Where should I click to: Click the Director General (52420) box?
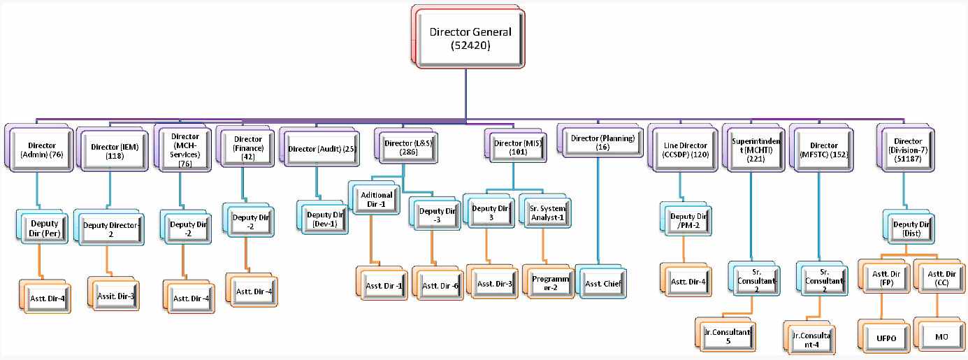(x=470, y=38)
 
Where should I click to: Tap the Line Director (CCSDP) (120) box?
(x=683, y=148)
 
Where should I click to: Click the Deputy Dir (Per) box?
(x=44, y=228)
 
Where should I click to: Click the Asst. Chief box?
(x=603, y=284)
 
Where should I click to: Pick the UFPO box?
(x=886, y=338)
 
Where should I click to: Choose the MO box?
(x=940, y=337)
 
